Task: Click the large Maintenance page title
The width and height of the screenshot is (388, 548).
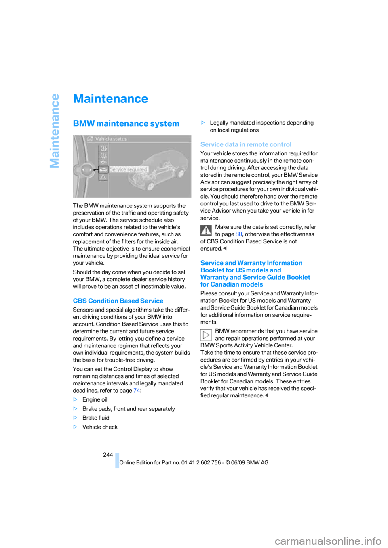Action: coord(110,99)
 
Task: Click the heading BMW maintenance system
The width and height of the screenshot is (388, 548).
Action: coord(126,124)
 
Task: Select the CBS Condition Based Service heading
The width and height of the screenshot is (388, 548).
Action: coord(118,301)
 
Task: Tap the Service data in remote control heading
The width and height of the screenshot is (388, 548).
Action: coord(246,144)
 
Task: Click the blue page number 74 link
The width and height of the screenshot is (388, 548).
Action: coord(137,391)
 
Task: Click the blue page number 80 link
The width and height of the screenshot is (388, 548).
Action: coord(238,234)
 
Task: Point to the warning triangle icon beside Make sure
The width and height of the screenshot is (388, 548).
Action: coord(206,230)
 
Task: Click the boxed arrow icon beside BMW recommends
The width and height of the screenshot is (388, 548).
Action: coord(206,335)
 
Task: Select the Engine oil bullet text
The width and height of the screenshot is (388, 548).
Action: coord(95,400)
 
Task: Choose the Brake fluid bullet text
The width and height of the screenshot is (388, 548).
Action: coord(96,418)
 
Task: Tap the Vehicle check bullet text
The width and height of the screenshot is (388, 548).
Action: coord(100,427)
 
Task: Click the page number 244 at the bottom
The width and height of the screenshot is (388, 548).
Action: coord(108,455)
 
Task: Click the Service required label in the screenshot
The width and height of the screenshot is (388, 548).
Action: coord(129,170)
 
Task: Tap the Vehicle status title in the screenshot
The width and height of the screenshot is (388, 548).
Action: coord(111,139)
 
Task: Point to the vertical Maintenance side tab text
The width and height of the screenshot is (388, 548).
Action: coord(55,131)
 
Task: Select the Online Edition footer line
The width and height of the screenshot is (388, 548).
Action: coord(194,463)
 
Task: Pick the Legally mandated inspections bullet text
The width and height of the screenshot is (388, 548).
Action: coord(261,126)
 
